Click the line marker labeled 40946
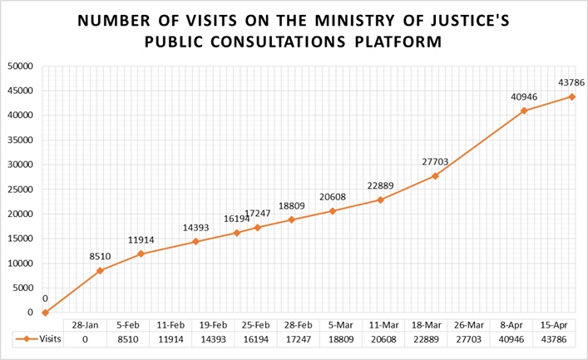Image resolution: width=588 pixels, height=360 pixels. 524,111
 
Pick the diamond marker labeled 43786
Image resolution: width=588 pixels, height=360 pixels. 572,96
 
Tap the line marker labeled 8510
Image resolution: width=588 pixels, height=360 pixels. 100,270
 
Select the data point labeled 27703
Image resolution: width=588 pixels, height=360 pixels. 435,175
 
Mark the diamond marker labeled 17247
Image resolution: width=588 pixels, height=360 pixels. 258,227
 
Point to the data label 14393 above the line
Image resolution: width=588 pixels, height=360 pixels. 195,227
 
